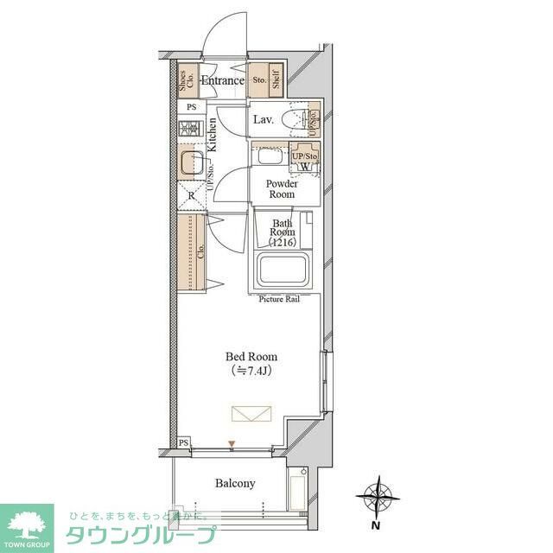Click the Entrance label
tap(223, 81)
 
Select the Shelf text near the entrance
tap(276, 82)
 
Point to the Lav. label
tap(264, 120)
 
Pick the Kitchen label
tap(212, 135)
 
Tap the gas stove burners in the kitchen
tap(189, 129)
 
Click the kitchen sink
tap(191, 162)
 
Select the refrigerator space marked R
tap(191, 195)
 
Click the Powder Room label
tap(282, 188)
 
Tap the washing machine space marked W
tap(306, 166)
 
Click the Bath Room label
tap(283, 232)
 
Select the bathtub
tap(285, 273)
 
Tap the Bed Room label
tap(251, 356)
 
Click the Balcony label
tap(234, 483)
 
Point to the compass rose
tap(377, 497)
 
